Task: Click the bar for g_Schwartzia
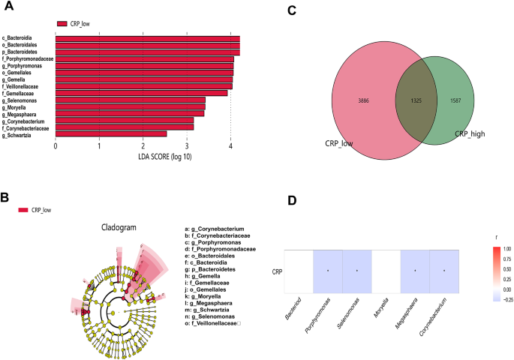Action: (x=111, y=134)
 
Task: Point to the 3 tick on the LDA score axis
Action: (x=186, y=147)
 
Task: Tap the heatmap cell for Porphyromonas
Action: (x=328, y=270)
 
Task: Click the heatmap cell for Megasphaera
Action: (x=414, y=270)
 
